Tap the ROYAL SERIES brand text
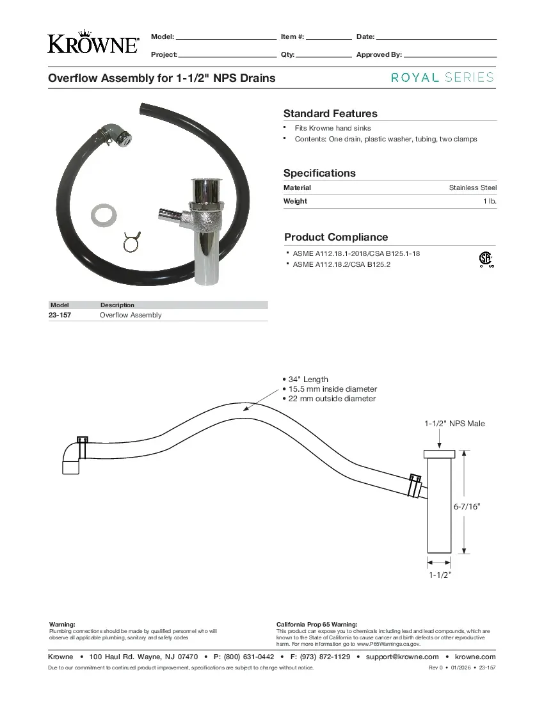pos(442,77)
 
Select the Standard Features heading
pos(330,114)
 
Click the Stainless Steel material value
pos(472,188)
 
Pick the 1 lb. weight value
pos(490,201)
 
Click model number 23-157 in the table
pos(60,316)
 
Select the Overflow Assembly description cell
pos(131,316)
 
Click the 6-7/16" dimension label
pos(467,506)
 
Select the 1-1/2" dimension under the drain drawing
pos(440,575)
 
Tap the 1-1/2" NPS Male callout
pos(454,424)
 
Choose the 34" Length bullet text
pos(308,380)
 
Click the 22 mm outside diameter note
pos(332,399)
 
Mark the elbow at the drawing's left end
pos(71,458)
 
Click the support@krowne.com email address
pos(402,657)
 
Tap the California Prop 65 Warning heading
pos(316,624)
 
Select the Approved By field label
pos(378,55)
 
